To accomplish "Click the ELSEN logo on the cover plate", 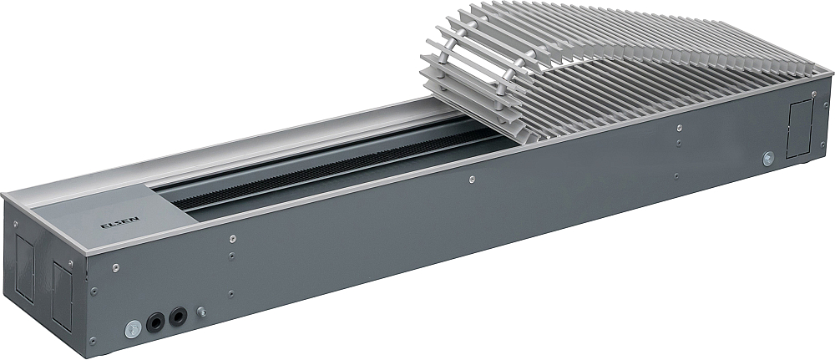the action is (114, 225).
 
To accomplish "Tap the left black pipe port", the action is (156, 322).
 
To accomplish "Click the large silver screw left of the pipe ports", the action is (133, 328).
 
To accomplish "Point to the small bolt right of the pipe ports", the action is (201, 312).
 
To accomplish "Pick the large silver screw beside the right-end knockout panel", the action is (768, 158).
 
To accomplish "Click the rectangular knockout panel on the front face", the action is (800, 129).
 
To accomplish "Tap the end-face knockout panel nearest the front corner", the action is (63, 296).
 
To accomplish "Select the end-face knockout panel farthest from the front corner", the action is (24, 269).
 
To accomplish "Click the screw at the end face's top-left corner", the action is (15, 224).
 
